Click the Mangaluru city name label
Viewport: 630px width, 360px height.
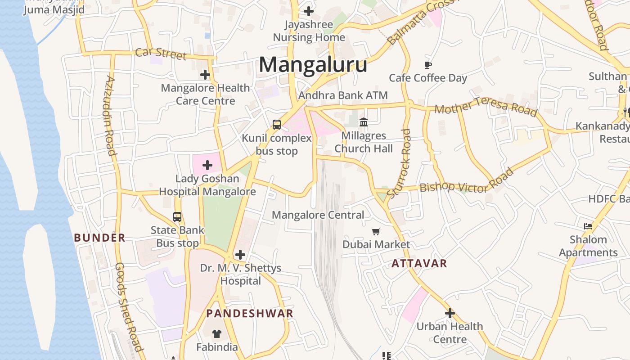(313, 65)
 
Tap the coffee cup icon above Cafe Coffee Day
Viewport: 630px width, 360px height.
(428, 65)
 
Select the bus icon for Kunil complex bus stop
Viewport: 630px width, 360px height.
(277, 125)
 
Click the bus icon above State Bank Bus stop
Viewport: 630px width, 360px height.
(177, 217)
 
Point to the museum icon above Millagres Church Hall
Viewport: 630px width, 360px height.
(364, 122)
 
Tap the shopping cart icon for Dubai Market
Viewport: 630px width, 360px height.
(376, 232)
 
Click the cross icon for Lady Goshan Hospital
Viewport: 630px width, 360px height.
(207, 165)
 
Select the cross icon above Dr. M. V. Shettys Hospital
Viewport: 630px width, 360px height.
(240, 255)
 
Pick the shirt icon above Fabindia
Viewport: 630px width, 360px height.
(217, 334)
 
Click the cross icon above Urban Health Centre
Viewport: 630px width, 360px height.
(450, 313)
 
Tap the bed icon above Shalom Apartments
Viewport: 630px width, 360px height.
(588, 226)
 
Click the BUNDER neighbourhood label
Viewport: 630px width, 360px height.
(99, 238)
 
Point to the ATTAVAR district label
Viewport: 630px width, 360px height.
(419, 264)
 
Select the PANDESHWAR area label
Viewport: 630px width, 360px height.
(250, 314)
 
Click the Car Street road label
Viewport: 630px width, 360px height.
(161, 54)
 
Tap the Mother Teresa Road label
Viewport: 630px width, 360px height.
(486, 108)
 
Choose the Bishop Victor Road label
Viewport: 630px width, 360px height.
(466, 182)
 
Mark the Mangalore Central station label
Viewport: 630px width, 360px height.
(318, 215)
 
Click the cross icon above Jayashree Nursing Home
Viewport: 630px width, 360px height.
(309, 11)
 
